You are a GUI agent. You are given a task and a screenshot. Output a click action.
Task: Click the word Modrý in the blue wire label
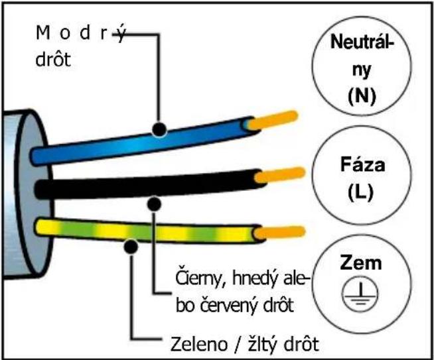pyautogui.click(x=81, y=33)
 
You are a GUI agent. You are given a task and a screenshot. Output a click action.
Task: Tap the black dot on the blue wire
pyautogui.click(x=159, y=129)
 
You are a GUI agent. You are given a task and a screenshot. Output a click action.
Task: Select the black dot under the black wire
pyautogui.click(x=154, y=204)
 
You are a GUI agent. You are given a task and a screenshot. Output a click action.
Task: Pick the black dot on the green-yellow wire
pyautogui.click(x=131, y=247)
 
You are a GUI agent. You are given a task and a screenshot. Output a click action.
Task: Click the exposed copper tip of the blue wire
pyautogui.click(x=273, y=121)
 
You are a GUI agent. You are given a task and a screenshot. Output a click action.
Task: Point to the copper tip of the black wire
pyautogui.click(x=279, y=175)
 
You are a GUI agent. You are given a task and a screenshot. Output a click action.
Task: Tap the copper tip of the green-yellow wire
pyautogui.click(x=279, y=233)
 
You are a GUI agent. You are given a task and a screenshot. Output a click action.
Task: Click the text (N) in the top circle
pyautogui.click(x=362, y=96)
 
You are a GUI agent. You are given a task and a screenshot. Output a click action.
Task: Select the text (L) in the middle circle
pyautogui.click(x=360, y=192)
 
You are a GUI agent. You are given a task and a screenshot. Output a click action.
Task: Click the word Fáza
pyautogui.click(x=362, y=164)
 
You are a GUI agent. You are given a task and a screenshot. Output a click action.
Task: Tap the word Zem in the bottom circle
pyautogui.click(x=361, y=263)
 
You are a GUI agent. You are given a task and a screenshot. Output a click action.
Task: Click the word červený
pyautogui.click(x=232, y=306)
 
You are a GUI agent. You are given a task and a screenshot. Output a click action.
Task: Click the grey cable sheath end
pyautogui.click(x=28, y=194)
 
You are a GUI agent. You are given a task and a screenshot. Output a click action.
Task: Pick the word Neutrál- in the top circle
pyautogui.click(x=362, y=42)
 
